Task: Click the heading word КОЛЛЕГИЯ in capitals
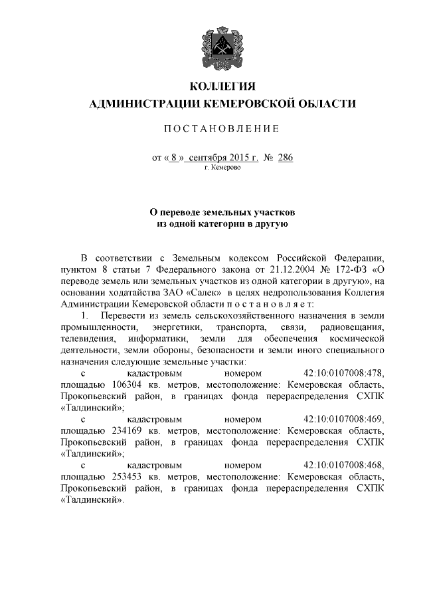(222, 86)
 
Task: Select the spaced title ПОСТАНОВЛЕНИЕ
(222, 128)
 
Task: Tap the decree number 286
(285, 158)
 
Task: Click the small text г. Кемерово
(222, 169)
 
